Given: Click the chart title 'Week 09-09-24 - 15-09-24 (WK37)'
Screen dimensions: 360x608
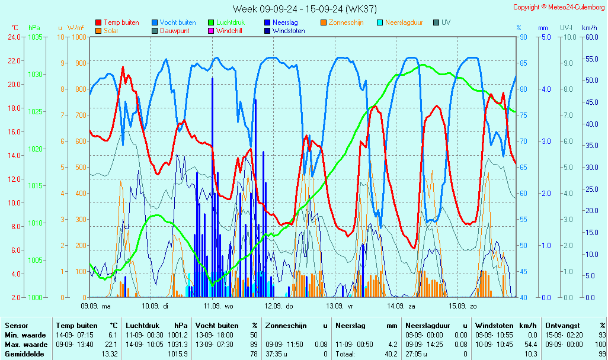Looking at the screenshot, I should coord(304,9).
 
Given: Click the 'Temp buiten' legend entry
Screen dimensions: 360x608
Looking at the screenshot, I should coord(121,22).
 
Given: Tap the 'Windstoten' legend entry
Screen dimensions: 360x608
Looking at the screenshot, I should coord(289,31).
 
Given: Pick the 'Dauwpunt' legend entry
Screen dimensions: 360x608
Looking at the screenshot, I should coord(175,31).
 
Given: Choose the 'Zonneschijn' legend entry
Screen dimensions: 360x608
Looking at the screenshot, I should coord(346,22).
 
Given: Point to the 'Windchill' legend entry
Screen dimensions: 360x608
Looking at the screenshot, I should coord(233,31).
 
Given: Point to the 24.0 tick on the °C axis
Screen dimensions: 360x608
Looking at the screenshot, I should coord(14,37).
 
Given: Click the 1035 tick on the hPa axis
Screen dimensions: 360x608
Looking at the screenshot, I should coord(35,37).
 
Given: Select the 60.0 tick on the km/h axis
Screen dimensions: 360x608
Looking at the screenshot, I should coord(589,37).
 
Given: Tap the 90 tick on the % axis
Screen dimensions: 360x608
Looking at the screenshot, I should coord(523,37).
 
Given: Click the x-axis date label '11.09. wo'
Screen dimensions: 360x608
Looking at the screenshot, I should coord(219,306).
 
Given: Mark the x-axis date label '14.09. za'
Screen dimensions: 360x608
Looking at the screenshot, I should coord(401,306).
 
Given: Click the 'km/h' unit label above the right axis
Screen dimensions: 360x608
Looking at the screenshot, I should coord(589,28).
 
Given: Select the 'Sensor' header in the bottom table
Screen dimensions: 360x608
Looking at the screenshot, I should coord(16,326).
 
